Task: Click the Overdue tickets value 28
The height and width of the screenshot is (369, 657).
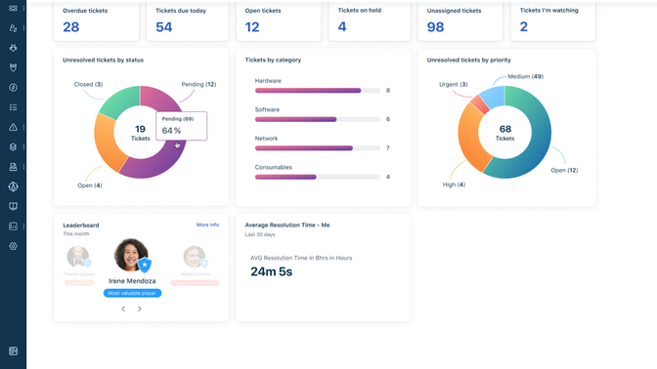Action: (x=71, y=27)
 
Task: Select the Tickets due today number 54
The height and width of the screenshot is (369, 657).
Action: (x=164, y=27)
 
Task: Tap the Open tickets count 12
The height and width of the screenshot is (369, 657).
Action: (x=252, y=27)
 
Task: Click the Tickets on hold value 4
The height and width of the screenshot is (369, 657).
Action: (x=342, y=26)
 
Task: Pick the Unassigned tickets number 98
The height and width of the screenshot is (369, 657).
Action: (x=435, y=27)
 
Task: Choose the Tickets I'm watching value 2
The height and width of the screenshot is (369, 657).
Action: (x=524, y=27)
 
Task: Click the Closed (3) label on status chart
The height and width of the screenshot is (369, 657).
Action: (x=88, y=85)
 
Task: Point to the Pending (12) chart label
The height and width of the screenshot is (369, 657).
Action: (x=198, y=85)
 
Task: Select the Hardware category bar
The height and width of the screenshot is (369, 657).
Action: (x=308, y=91)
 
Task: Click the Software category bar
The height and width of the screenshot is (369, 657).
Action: (x=296, y=119)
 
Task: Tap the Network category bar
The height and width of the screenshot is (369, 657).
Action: (x=304, y=148)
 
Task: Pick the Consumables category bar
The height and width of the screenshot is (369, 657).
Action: (x=285, y=177)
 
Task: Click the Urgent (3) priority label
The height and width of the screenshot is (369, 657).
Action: (x=453, y=85)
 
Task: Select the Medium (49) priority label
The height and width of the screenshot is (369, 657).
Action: (x=525, y=76)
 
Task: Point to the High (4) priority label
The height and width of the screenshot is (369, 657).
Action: (x=454, y=184)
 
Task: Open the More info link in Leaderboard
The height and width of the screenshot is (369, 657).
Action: (x=207, y=225)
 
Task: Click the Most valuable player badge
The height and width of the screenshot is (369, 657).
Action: (x=132, y=293)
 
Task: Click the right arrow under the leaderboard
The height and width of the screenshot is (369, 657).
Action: (x=140, y=308)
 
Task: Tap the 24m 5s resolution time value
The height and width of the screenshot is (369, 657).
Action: (x=272, y=272)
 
